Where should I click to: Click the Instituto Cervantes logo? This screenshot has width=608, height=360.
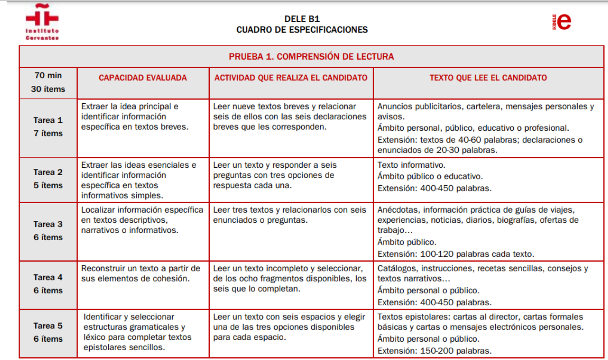[x=42, y=22]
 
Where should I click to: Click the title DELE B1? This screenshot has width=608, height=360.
[x=302, y=19]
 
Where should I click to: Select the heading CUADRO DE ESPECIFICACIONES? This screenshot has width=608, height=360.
[x=302, y=30]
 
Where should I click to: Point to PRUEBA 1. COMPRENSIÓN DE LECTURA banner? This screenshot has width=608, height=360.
[x=311, y=57]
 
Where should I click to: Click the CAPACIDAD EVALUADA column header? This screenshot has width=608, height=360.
[x=143, y=78]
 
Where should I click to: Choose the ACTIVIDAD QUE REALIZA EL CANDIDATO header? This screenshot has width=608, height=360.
[x=291, y=78]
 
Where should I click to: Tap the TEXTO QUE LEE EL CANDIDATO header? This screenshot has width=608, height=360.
[x=488, y=78]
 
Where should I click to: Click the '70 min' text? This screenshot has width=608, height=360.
[x=48, y=75]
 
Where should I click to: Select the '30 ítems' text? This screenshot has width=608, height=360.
[x=48, y=89]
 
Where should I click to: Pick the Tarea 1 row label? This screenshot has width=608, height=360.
[x=48, y=120]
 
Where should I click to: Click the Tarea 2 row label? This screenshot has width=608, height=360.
[x=48, y=172]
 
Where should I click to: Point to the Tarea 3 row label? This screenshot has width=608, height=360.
[x=48, y=224]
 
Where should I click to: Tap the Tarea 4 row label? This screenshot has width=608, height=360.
[x=48, y=277]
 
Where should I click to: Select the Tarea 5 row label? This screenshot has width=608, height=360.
[x=48, y=326]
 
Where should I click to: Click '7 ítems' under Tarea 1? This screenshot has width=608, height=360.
[x=48, y=133]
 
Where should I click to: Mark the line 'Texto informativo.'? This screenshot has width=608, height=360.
[x=411, y=165]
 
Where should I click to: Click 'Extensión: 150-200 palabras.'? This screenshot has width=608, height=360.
[x=434, y=351]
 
